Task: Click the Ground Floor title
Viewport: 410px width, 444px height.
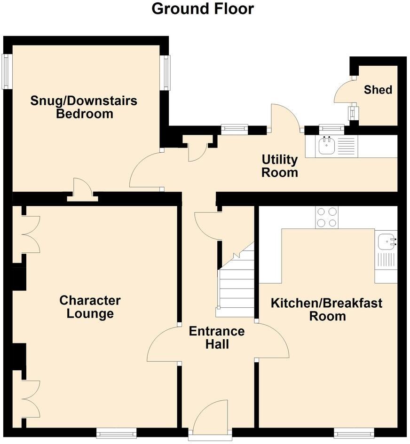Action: [x=203, y=8]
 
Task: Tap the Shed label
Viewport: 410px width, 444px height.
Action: [x=378, y=89]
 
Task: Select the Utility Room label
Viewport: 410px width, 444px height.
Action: [x=280, y=166]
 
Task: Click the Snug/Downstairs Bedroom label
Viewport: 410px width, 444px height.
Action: [x=84, y=107]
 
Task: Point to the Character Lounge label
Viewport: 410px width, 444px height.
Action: [x=90, y=307]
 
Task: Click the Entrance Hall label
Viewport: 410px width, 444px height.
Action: [x=217, y=337]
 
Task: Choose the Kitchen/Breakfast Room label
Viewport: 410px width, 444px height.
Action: [x=327, y=309]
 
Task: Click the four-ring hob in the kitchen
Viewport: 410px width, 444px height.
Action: [x=327, y=218]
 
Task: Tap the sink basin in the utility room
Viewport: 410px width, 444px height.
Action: [x=326, y=146]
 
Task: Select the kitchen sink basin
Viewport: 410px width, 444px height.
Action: [x=386, y=241]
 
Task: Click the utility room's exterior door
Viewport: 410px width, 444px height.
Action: [x=284, y=117]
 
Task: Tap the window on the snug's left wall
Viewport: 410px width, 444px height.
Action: [x=6, y=71]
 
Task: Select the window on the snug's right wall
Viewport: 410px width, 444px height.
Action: [x=166, y=72]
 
